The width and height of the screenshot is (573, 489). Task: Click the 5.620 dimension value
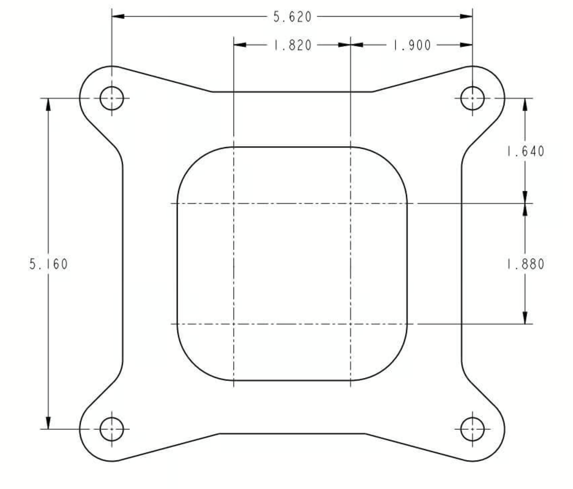292,17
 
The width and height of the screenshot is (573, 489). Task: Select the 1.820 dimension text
293,45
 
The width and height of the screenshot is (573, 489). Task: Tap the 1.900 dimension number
412,45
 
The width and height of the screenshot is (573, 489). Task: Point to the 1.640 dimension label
526,151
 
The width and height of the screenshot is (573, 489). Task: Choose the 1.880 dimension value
526,264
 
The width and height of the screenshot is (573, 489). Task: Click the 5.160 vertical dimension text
48,264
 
